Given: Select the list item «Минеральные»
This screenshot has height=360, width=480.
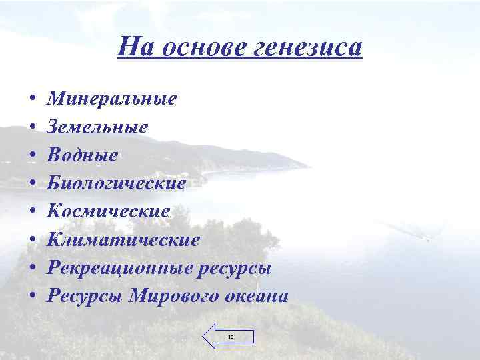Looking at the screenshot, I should pos(112,99).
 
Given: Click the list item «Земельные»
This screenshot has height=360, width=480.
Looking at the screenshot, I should pos(98,127).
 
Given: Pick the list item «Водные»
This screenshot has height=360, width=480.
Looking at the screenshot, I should pos(83,155).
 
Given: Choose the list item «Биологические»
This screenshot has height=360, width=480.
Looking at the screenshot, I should pos(116,183).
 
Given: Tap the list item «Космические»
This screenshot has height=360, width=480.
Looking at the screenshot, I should pos(109,211).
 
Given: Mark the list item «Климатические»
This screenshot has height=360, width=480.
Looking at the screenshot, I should pos(123,239).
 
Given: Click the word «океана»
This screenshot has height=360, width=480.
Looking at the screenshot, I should pos(256,296).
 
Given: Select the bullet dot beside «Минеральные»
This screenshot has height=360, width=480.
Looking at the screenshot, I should pos(33,100).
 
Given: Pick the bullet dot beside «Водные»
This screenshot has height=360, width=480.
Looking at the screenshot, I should pos(33,156).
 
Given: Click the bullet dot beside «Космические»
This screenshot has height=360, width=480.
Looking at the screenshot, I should pos(33,212).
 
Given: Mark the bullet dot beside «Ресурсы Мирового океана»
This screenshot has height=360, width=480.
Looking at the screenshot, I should pos(33,297).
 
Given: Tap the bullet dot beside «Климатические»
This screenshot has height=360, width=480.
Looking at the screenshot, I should pos(33,240).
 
